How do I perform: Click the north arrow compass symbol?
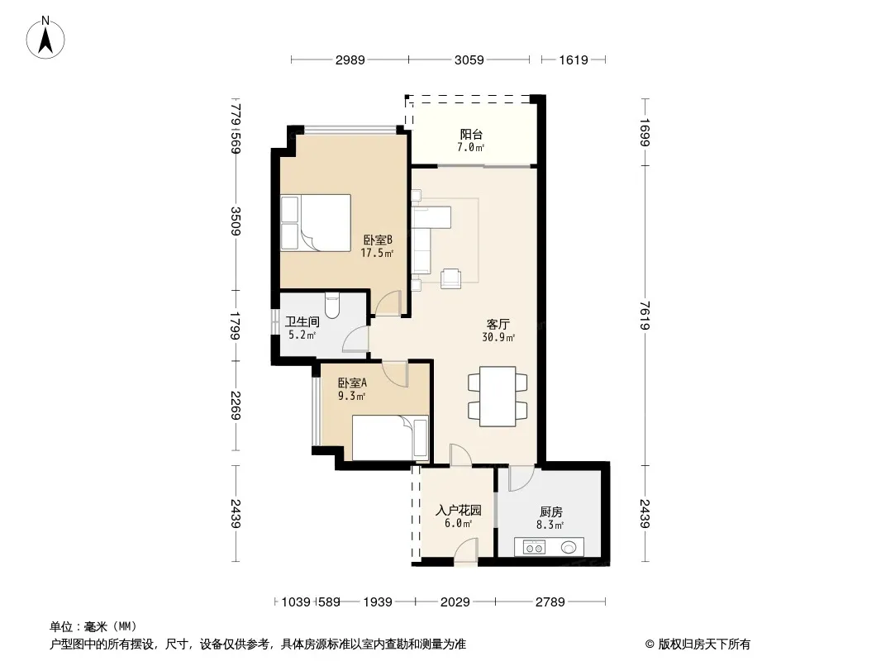[45, 37]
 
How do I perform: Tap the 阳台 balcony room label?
[471, 134]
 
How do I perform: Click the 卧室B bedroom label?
[377, 240]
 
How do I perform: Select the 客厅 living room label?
[498, 324]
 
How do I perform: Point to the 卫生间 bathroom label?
[302, 321]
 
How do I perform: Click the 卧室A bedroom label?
[352, 383]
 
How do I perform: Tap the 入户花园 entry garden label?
[459, 511]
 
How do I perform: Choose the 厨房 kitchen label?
[550, 511]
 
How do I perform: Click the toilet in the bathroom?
[332, 306]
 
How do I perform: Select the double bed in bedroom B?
[316, 223]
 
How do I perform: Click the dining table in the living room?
[498, 397]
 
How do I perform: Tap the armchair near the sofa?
[450, 278]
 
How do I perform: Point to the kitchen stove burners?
[534, 547]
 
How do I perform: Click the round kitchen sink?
[569, 546]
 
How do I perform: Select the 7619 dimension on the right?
[645, 316]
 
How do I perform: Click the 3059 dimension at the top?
[469, 59]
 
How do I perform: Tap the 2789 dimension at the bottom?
[550, 602]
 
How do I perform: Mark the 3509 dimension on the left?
[236, 221]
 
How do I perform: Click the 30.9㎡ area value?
[498, 337]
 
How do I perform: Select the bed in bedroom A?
[390, 437]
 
